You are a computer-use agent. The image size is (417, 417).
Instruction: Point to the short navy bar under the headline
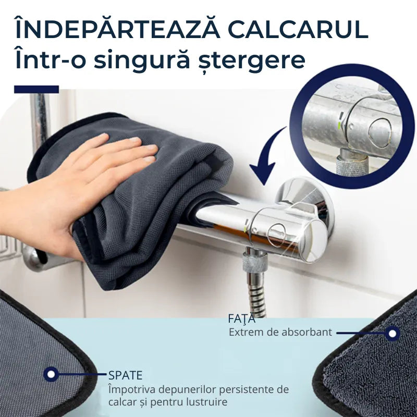point(36,89)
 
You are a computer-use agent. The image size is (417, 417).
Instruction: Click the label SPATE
point(126,374)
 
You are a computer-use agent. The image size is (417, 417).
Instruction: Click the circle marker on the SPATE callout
point(51,374)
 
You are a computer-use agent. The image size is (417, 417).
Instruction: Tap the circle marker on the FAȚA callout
point(393,333)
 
